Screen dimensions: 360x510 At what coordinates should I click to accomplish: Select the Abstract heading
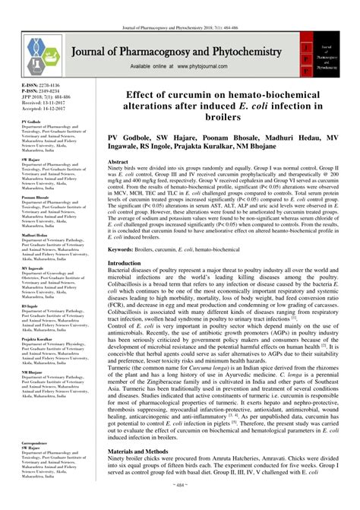[118, 163]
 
